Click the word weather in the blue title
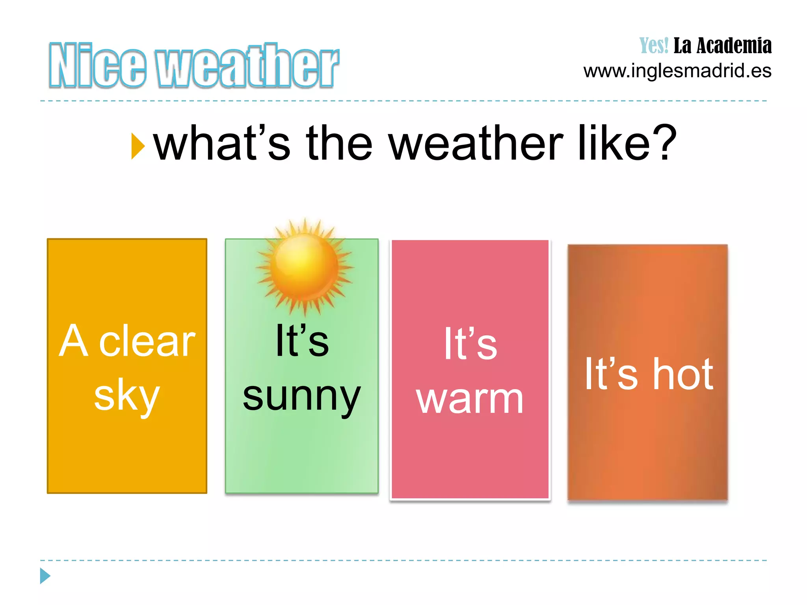(247, 65)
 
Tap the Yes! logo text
(654, 46)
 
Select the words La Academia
(722, 46)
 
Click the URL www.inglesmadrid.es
(677, 71)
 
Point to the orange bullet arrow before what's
(138, 146)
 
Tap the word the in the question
(339, 143)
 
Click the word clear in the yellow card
(147, 341)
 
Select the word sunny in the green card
(302, 396)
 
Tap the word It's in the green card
(302, 341)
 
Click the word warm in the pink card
(470, 399)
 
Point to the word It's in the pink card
(470, 344)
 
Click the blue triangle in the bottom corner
(45, 576)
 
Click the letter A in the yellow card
(73, 341)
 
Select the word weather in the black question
(476, 143)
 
